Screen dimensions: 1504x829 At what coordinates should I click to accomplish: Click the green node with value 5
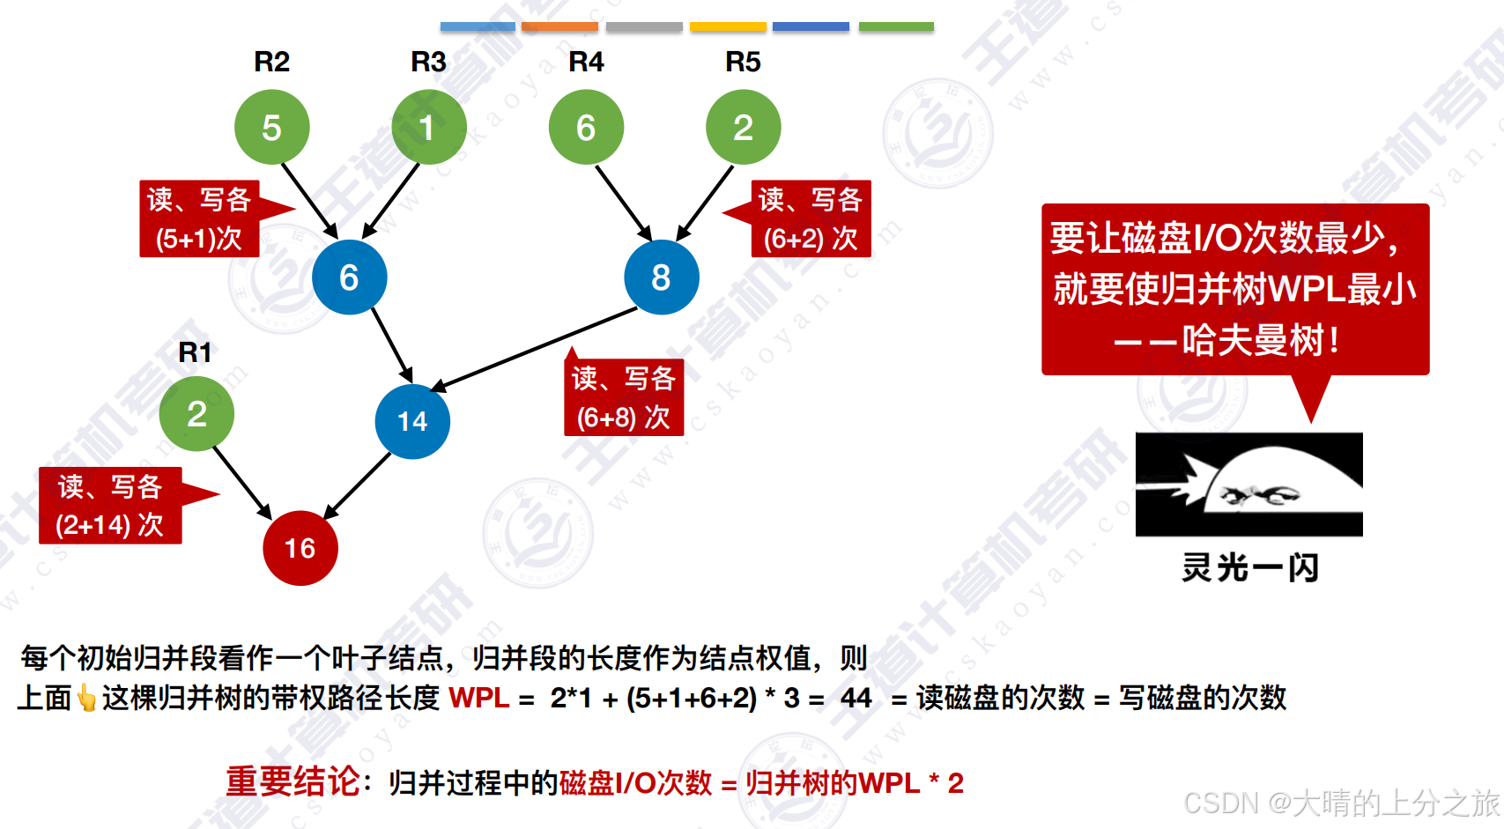[271, 128]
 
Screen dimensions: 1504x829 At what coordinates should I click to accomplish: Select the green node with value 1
[428, 128]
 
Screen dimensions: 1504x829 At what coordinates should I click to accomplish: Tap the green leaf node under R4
[586, 128]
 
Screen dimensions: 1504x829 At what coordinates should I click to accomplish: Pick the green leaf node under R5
[743, 128]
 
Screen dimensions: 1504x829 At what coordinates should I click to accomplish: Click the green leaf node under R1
[196, 414]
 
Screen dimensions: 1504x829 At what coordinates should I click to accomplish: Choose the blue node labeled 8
[661, 278]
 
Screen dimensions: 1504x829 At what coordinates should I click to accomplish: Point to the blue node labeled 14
[412, 421]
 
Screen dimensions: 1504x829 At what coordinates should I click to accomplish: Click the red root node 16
[300, 548]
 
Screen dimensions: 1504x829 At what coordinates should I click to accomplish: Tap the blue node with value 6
[349, 278]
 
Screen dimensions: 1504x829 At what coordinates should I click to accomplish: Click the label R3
[428, 63]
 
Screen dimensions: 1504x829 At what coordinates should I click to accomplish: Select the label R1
[195, 352]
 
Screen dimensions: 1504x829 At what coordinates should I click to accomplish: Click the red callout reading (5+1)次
[199, 218]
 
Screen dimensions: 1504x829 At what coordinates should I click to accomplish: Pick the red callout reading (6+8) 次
[624, 398]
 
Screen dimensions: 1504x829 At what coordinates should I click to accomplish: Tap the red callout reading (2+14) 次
[110, 506]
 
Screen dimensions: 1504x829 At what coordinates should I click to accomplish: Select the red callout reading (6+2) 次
[811, 218]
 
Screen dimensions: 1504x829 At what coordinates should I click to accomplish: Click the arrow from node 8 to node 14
[534, 349]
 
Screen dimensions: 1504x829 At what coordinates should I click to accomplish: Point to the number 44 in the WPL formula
[856, 699]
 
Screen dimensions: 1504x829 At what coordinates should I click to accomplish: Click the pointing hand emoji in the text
[86, 699]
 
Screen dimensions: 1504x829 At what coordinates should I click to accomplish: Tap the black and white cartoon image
[1248, 485]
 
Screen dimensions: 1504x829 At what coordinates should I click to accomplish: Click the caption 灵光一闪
[1249, 568]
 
